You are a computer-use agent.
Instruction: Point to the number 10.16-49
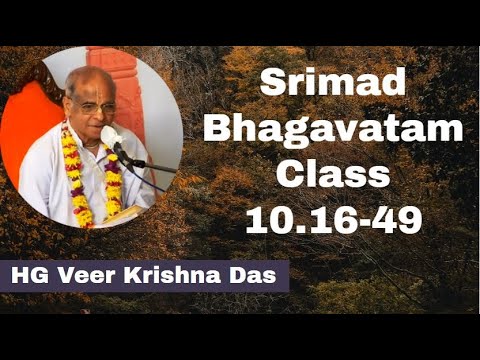pos(332,220)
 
